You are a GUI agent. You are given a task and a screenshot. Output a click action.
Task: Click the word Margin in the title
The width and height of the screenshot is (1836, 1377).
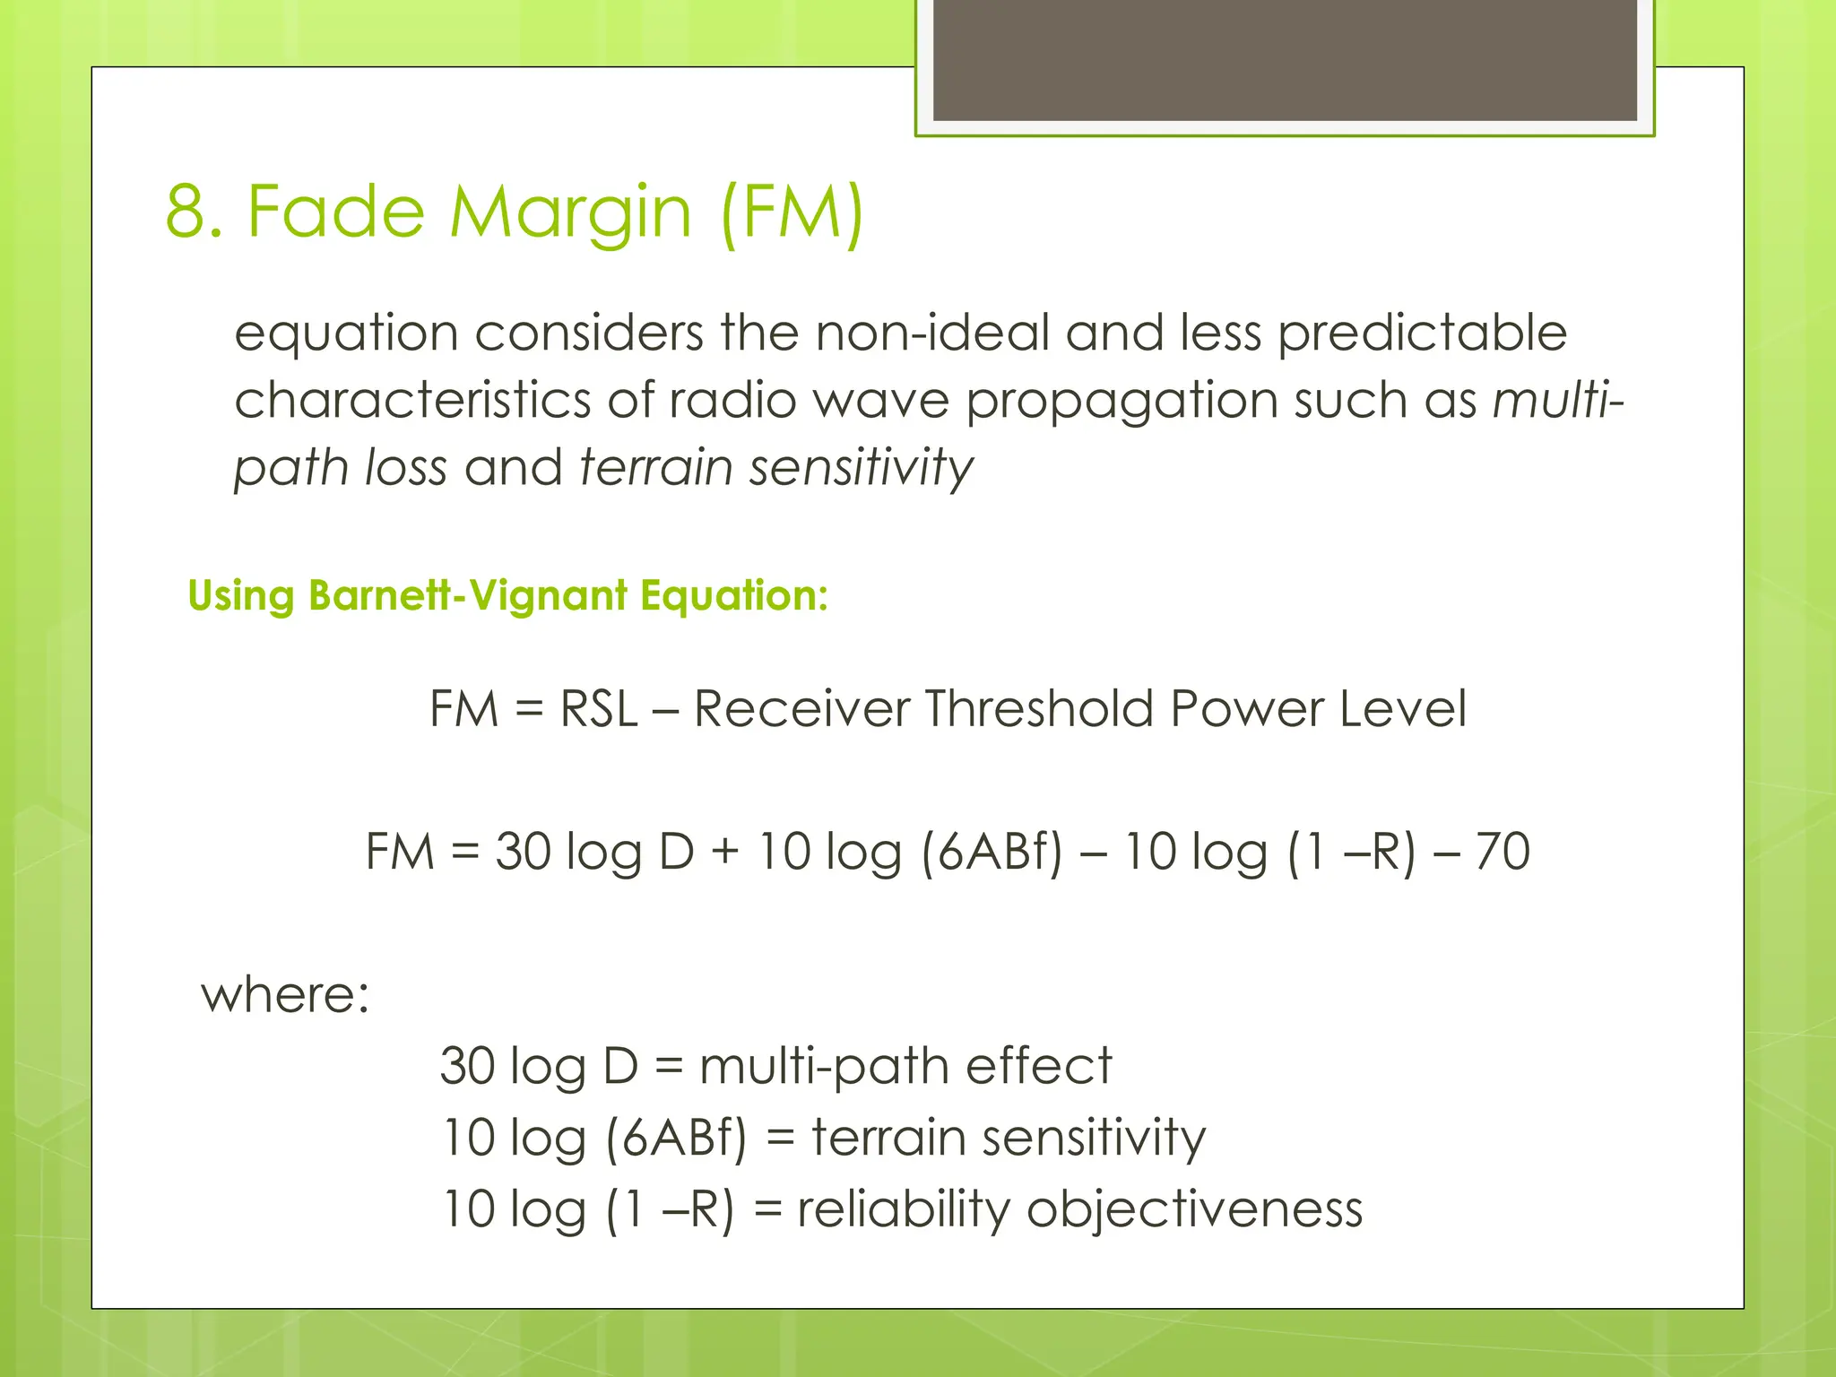click(570, 213)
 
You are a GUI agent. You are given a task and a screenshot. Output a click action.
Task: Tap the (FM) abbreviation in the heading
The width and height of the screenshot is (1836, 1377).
click(792, 212)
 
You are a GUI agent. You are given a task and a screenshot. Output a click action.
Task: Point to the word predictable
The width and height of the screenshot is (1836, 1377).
click(1422, 333)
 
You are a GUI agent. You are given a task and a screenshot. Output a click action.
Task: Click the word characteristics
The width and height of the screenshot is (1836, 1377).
click(412, 400)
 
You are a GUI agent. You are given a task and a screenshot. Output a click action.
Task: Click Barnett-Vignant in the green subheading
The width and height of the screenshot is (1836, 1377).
click(467, 595)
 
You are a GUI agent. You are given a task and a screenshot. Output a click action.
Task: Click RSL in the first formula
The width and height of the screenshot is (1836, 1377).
click(598, 708)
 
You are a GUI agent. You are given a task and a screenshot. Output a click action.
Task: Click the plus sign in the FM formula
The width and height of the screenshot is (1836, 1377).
click(725, 852)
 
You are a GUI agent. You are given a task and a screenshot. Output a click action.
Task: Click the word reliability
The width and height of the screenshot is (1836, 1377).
click(903, 1208)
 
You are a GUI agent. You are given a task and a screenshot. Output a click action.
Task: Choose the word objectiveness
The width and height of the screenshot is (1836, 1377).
click(1194, 1208)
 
